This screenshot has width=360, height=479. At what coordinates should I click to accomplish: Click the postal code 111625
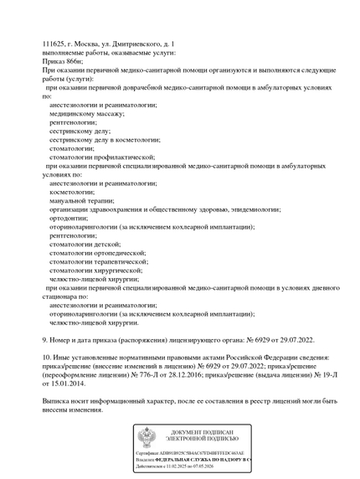54,44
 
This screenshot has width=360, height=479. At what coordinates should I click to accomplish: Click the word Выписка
59,401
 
